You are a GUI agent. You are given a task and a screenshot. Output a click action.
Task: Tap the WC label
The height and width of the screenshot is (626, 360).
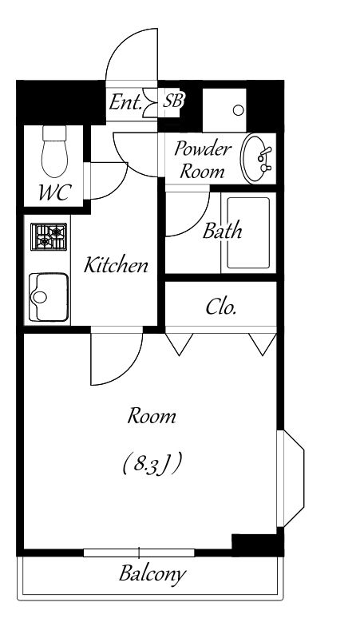tap(54, 192)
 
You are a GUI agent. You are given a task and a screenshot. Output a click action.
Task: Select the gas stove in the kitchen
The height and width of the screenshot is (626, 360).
tap(49, 236)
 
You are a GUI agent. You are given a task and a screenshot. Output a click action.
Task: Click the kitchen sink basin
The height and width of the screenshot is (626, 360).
tap(48, 297)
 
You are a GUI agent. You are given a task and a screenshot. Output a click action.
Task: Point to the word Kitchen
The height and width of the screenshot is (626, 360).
tap(116, 265)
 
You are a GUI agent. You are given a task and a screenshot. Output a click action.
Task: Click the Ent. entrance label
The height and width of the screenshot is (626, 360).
tap(125, 103)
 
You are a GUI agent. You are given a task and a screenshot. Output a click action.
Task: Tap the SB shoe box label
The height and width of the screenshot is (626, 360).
tap(172, 101)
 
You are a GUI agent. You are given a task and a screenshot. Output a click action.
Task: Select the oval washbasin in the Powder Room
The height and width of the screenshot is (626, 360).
tap(258, 158)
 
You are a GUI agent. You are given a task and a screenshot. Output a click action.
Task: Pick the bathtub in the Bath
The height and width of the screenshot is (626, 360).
tap(248, 233)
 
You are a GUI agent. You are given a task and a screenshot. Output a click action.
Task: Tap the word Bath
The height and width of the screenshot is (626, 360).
tap(222, 232)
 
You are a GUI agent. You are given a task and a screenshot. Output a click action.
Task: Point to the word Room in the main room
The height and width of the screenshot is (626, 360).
tap(152, 416)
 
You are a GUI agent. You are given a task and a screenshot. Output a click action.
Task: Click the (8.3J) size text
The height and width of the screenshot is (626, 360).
tap(152, 464)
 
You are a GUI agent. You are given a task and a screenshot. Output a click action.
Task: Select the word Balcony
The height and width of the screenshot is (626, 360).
tap(152, 574)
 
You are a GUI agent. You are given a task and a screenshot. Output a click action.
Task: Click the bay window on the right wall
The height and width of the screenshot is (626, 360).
tap(291, 479)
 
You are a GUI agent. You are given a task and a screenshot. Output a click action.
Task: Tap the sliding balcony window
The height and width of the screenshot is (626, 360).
tap(139, 553)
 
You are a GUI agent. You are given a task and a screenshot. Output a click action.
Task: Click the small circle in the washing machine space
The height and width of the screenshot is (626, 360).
tap(238, 110)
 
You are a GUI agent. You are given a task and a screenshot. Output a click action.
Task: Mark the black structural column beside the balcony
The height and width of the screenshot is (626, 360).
tap(258, 545)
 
